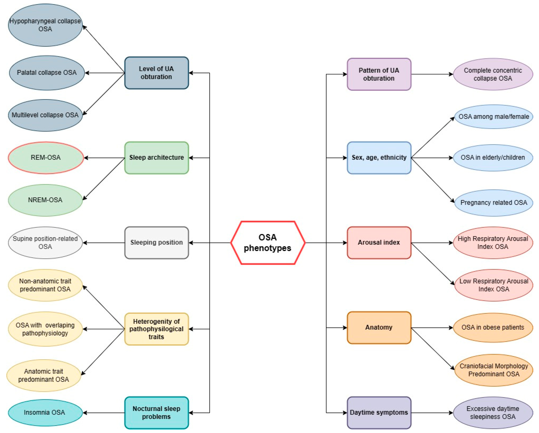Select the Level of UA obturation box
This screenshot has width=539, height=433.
coord(156,73)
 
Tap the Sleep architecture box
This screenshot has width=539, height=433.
coord(156,158)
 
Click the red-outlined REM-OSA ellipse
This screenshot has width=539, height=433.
coord(46,158)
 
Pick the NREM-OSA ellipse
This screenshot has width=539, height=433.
coord(45,200)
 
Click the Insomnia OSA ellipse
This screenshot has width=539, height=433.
coord(45,413)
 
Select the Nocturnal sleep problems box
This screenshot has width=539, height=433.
coord(156,413)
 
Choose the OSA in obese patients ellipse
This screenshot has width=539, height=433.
coord(493,328)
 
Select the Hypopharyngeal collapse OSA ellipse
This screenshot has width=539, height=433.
coord(45,25)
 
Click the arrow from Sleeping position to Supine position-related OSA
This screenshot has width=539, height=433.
coord(104,243)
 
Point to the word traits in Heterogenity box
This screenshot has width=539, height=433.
coord(156,337)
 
